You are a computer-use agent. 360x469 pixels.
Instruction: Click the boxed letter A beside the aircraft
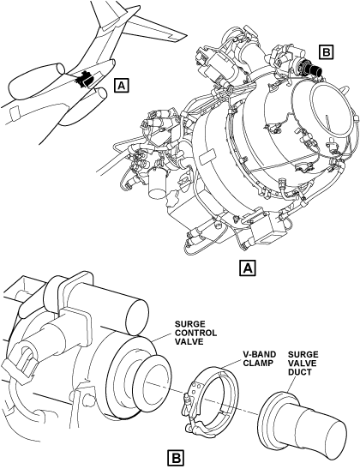coord(121,85)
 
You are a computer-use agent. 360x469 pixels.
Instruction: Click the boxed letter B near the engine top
coord(326,52)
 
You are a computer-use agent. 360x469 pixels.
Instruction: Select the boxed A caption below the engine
coord(248,268)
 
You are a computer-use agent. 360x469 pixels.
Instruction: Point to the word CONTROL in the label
coord(195,333)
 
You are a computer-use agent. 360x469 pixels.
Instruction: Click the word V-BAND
coord(259,354)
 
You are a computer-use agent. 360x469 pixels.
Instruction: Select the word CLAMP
coord(257,364)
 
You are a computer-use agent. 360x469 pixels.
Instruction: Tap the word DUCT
coord(299,372)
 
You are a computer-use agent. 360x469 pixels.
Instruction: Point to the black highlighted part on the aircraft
coord(84,80)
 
